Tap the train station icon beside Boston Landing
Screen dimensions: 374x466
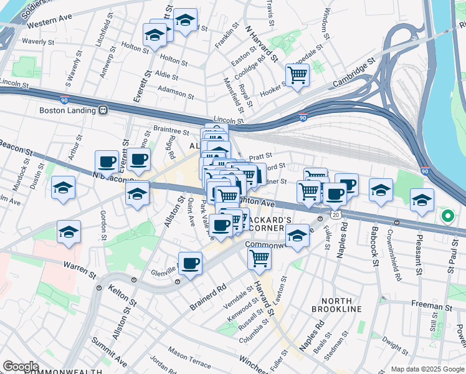point(103,110)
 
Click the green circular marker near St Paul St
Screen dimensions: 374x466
point(447,217)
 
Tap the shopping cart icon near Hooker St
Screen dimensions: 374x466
point(297,75)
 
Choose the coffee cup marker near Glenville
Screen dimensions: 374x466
point(190,262)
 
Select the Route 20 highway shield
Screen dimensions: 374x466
point(336,214)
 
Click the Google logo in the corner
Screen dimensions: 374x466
point(21,366)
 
